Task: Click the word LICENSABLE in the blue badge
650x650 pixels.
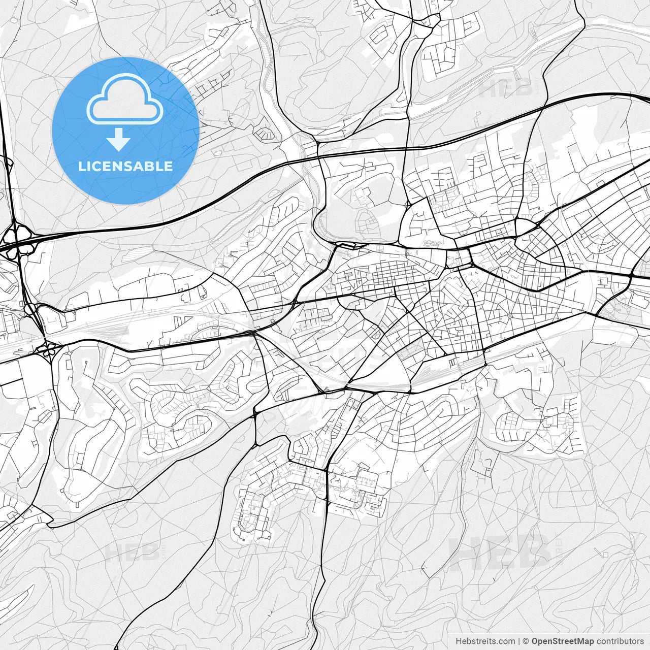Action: click(125, 166)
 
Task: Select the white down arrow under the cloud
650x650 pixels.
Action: click(119, 140)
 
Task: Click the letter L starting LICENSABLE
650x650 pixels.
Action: click(81, 166)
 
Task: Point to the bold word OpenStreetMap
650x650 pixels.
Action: click(563, 641)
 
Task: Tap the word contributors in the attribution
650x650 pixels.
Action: click(620, 641)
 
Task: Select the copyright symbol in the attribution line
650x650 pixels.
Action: click(526, 641)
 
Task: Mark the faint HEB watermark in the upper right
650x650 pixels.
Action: click(505, 89)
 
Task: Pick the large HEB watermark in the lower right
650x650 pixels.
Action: click(500, 552)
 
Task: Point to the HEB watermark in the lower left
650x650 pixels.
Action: click(132, 552)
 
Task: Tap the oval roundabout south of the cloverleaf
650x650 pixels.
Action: click(50, 349)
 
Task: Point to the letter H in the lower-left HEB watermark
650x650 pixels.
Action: click(113, 552)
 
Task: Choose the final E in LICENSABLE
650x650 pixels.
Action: click(168, 166)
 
